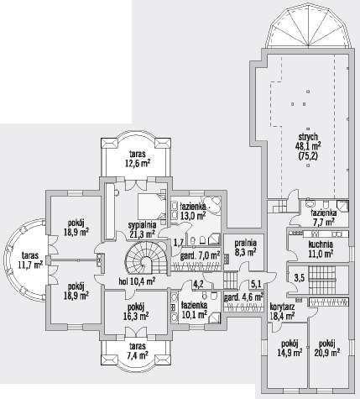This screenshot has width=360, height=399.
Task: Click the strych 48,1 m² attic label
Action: coord(308,146)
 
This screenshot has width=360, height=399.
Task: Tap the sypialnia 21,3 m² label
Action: coord(142,229)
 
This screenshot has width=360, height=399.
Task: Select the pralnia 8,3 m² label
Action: coord(245,248)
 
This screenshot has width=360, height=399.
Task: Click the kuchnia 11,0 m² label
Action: coord(321,249)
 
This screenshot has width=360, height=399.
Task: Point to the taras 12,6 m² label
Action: coord(138,159)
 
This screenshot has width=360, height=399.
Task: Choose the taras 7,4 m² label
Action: coord(137,351)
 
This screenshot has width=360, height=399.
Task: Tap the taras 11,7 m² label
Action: coord(30,260)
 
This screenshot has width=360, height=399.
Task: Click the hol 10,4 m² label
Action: coord(137,281)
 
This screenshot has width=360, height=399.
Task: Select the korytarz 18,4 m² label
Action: coord(282,312)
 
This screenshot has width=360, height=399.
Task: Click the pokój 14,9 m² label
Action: coord(290,348)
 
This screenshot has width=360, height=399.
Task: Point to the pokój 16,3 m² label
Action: coord(136,312)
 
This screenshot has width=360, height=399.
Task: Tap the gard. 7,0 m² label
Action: coord(200,256)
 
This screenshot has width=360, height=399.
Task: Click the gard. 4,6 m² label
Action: coord(243,297)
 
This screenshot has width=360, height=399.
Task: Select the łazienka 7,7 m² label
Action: coord(324,218)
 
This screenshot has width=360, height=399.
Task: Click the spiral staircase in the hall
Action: coord(147,259)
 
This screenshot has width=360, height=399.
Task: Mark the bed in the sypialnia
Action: coord(152,207)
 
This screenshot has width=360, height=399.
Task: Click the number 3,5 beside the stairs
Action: coord(299,279)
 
